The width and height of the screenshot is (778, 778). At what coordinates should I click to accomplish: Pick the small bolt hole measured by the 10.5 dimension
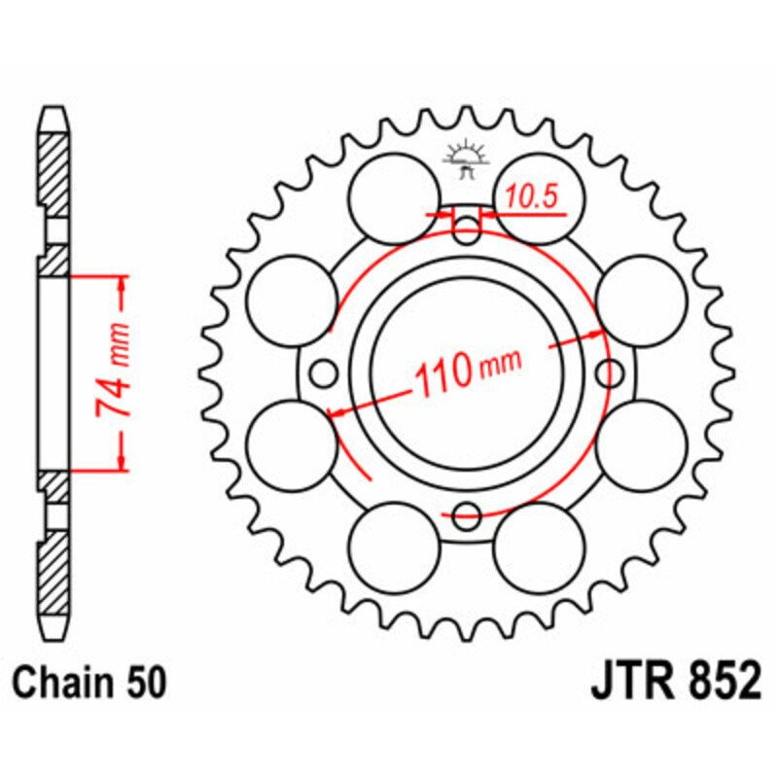[x=468, y=231]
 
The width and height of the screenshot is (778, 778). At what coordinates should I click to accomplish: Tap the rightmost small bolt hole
[x=609, y=371]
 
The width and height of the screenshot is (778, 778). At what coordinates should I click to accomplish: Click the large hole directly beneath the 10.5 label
[x=541, y=197]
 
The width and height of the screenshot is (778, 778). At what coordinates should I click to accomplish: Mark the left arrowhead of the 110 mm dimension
[x=336, y=414]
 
